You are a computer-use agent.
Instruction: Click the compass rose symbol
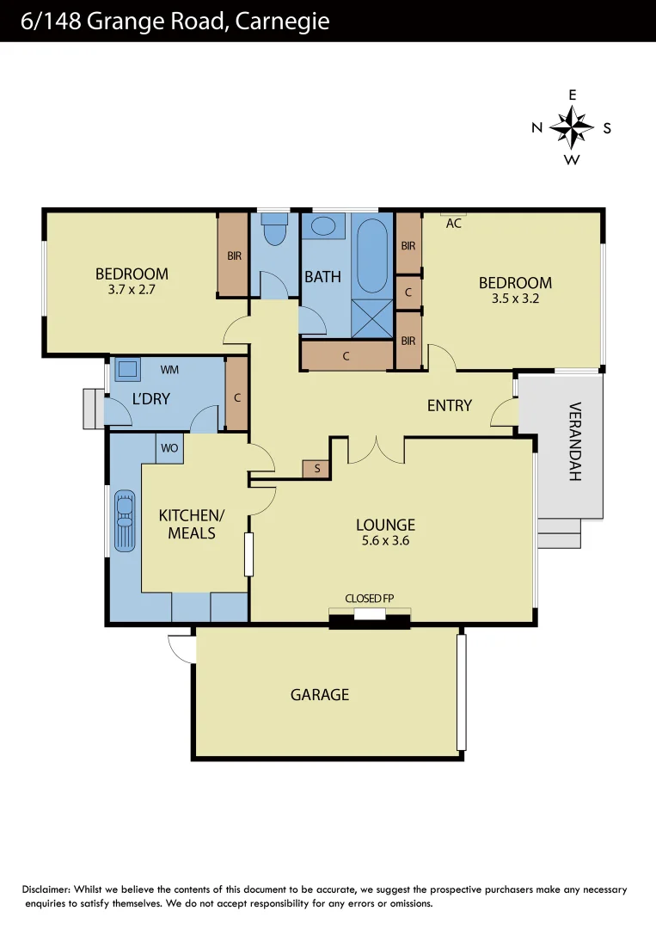pyautogui.click(x=572, y=128)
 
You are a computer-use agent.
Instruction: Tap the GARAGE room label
pyautogui.click(x=320, y=694)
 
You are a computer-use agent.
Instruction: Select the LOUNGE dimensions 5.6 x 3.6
pyautogui.click(x=385, y=541)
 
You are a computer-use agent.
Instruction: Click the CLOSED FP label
pyautogui.click(x=369, y=598)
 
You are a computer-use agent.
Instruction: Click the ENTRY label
pyautogui.click(x=449, y=405)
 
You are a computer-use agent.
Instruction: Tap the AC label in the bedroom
pyautogui.click(x=454, y=224)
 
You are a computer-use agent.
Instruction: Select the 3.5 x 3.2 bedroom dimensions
pyautogui.click(x=515, y=299)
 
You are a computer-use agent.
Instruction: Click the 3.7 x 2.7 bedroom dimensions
pyautogui.click(x=132, y=291)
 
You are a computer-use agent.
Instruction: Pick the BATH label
pyautogui.click(x=322, y=277)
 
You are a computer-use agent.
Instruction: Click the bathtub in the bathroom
pyautogui.click(x=371, y=255)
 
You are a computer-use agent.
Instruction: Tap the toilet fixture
pyautogui.click(x=274, y=232)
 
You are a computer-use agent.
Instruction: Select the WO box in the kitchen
pyautogui.click(x=169, y=449)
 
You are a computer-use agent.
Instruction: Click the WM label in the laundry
pyautogui.click(x=170, y=370)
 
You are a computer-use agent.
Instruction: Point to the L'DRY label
pyautogui.click(x=151, y=399)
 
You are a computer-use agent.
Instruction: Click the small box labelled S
pyautogui.click(x=316, y=469)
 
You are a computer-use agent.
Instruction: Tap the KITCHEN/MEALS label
pyautogui.click(x=191, y=524)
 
